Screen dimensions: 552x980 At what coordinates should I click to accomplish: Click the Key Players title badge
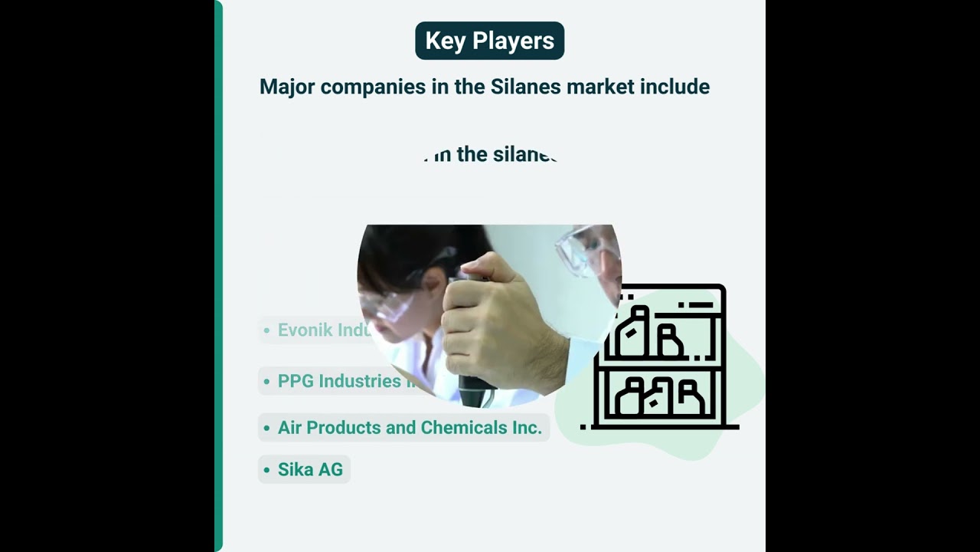click(489, 41)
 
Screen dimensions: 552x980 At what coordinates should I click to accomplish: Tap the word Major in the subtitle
click(287, 87)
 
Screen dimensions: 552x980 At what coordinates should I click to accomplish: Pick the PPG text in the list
click(296, 381)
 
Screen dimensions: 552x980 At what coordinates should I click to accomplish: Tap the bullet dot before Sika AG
click(266, 470)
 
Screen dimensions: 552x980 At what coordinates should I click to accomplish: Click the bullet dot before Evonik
click(266, 331)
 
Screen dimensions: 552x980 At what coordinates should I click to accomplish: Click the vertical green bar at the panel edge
click(218, 276)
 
